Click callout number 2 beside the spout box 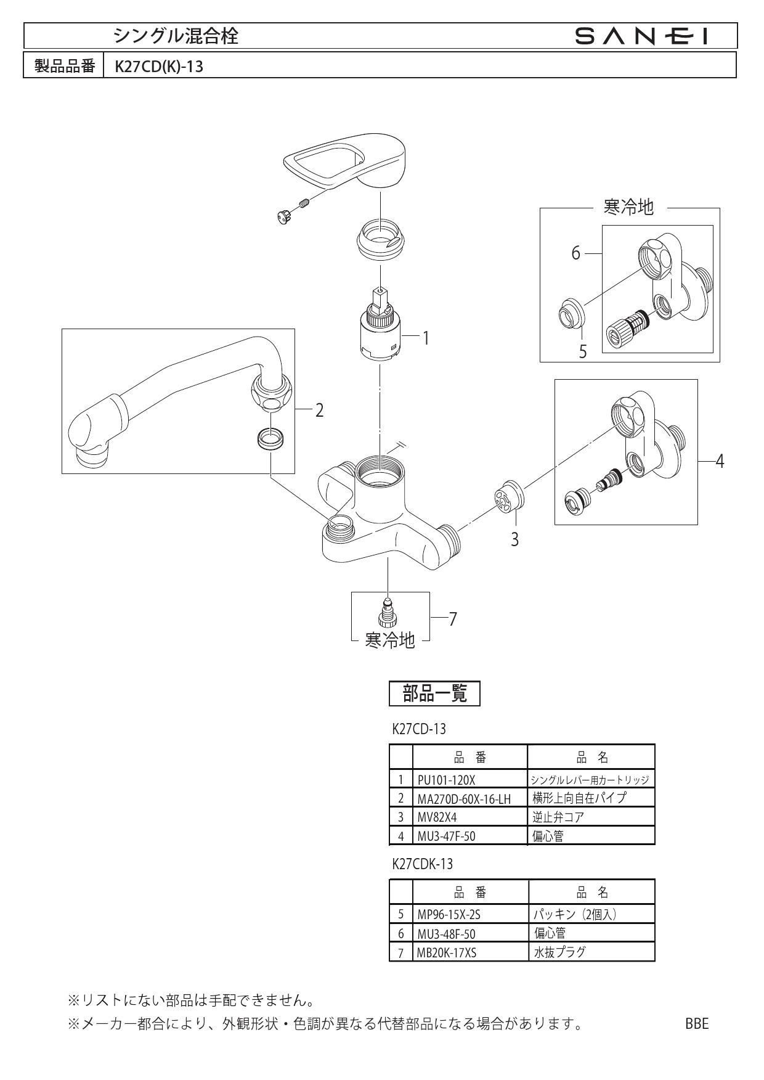[319, 411]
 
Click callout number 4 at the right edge [719, 460]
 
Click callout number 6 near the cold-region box [575, 253]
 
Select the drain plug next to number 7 [388, 614]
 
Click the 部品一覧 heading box [434, 694]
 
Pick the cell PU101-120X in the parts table [447, 780]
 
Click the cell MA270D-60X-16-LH [464, 799]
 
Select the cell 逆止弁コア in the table [558, 817]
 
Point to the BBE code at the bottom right [697, 1024]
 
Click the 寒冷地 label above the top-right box [628, 208]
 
